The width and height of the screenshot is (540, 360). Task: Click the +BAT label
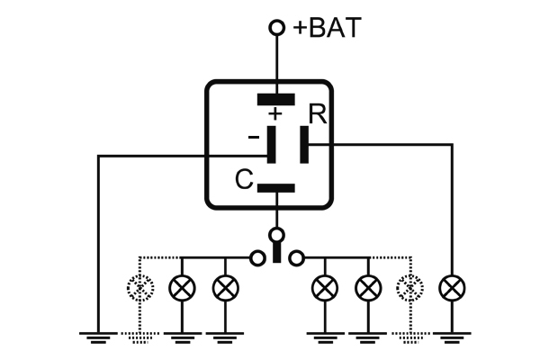328,28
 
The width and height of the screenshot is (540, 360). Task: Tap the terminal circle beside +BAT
277,29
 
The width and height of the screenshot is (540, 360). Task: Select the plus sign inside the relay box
275,114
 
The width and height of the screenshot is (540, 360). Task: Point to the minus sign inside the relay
253,137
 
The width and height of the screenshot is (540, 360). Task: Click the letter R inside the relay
317,115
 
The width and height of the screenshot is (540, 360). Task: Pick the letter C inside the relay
243,180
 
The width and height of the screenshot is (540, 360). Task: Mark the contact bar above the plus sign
276,98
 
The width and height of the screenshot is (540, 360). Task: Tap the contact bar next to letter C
276,188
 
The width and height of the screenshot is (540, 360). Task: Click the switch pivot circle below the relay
277,236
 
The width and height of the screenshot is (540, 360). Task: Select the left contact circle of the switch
257,258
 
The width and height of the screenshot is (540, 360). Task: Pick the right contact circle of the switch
297,258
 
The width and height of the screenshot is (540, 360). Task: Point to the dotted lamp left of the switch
139,288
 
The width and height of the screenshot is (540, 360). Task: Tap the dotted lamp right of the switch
409,288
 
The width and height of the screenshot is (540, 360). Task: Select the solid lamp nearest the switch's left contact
224,288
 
